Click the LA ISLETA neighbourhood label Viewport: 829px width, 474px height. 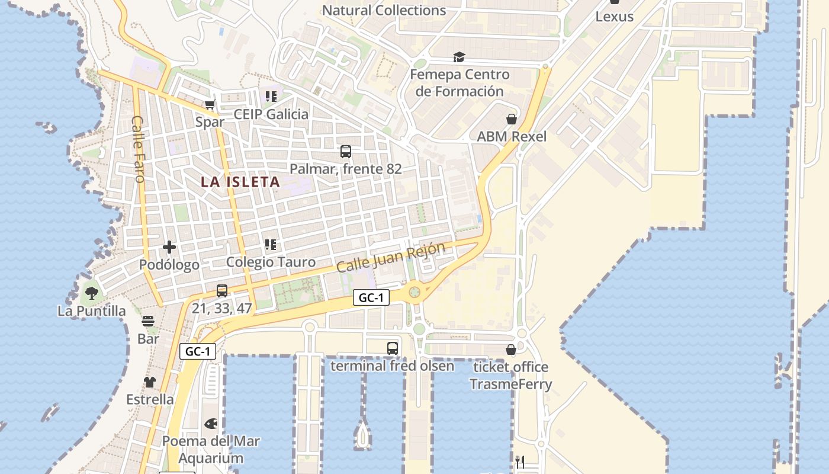(x=240, y=182)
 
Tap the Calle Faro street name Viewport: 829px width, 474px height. (x=138, y=149)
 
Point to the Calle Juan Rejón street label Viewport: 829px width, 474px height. (x=390, y=258)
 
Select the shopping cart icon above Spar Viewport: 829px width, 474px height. (x=210, y=105)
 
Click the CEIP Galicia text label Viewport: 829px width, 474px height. (x=271, y=114)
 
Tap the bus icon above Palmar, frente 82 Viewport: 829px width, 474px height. (x=346, y=152)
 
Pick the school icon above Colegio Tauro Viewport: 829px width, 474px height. (x=271, y=245)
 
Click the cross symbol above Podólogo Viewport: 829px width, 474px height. (x=169, y=247)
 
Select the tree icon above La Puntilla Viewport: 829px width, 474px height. (x=91, y=293)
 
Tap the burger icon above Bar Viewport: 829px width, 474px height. (x=148, y=322)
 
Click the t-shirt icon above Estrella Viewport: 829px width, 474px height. (x=150, y=382)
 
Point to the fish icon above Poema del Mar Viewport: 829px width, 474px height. (x=211, y=424)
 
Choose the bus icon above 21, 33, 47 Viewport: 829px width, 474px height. (x=222, y=291)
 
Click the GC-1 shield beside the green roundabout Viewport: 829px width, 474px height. (x=371, y=297)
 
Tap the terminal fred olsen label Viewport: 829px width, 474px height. (x=392, y=366)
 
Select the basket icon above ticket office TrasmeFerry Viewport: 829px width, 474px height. (x=511, y=350)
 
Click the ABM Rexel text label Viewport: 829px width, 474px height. (x=512, y=136)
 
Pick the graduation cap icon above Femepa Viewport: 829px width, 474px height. (x=459, y=57)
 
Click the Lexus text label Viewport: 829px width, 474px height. (x=614, y=17)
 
